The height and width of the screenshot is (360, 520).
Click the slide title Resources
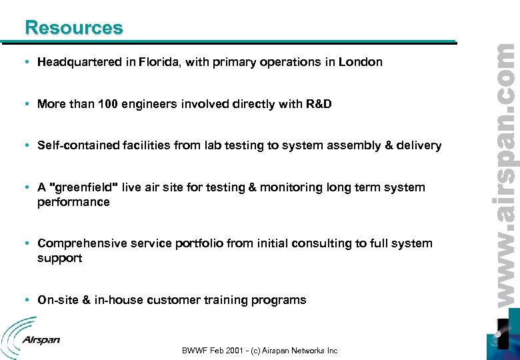click(x=73, y=27)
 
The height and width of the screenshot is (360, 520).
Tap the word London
click(x=361, y=62)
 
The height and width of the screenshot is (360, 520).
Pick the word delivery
click(x=417, y=145)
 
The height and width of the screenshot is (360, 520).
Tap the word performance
click(x=73, y=201)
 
